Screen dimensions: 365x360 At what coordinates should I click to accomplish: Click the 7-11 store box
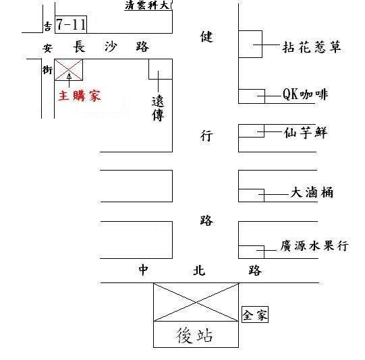tap(71, 25)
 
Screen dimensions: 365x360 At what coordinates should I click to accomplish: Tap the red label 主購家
tap(80, 96)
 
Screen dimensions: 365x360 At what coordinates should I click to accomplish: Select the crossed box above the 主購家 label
tap(68, 69)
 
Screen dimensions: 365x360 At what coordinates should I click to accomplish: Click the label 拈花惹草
tap(312, 47)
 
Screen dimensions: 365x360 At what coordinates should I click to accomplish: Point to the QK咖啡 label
tap(305, 94)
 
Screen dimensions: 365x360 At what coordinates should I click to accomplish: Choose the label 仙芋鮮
tap(306, 133)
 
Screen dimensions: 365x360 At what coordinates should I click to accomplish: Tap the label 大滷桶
tap(312, 192)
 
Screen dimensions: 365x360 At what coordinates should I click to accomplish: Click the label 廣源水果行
tap(314, 246)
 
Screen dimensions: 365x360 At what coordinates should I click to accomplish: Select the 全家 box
tap(255, 315)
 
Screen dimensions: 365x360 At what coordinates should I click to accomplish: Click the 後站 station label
tap(194, 335)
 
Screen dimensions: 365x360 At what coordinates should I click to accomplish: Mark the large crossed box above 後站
tap(196, 302)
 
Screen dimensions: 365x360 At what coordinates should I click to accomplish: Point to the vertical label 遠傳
tap(158, 109)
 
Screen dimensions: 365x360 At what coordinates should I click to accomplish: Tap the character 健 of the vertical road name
tap(206, 36)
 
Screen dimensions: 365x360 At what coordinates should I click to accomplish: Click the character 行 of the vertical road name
tap(206, 136)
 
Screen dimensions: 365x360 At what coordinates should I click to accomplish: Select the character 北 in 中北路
tap(199, 270)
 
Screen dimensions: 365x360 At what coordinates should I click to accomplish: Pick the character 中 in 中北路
tap(143, 270)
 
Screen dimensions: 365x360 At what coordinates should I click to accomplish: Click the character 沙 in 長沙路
tap(111, 47)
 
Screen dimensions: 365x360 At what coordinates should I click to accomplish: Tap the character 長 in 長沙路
tap(80, 47)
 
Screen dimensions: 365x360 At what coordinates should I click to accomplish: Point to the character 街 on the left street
tap(47, 69)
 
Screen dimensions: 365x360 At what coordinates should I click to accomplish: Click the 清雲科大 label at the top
tap(148, 5)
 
